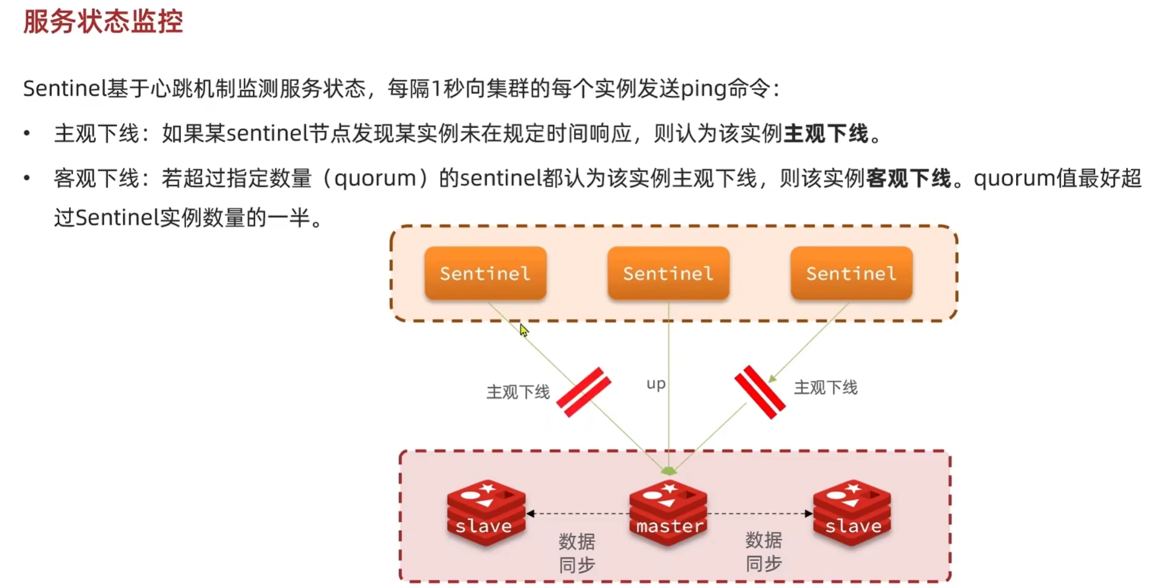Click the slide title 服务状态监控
(x=103, y=22)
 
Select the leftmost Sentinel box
(x=485, y=274)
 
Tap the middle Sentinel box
(x=668, y=274)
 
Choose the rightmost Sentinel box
(x=851, y=274)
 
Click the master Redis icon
(x=669, y=512)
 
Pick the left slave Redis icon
(x=485, y=512)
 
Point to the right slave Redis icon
(x=852, y=512)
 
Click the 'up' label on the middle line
(x=656, y=384)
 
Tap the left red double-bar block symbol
(x=583, y=392)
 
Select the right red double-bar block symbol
(x=759, y=391)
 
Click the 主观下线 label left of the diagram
(x=517, y=393)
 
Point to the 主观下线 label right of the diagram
(x=826, y=388)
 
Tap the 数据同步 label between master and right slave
(x=764, y=552)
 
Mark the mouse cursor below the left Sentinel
(x=523, y=330)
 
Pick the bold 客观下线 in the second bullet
(x=908, y=179)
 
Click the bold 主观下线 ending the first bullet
(x=826, y=133)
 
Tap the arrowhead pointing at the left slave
(x=531, y=513)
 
